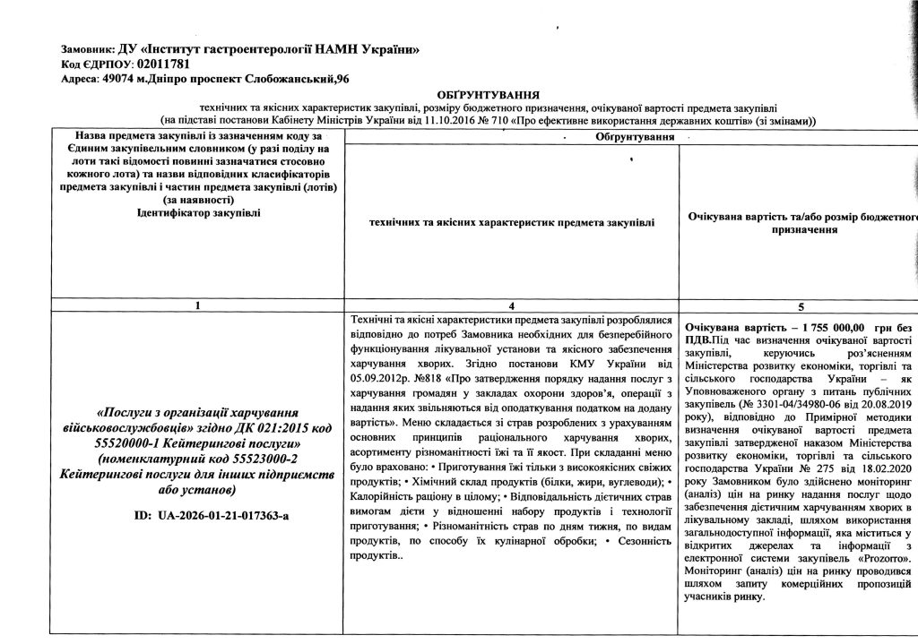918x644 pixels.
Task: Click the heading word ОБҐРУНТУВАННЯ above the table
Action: [x=489, y=94]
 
